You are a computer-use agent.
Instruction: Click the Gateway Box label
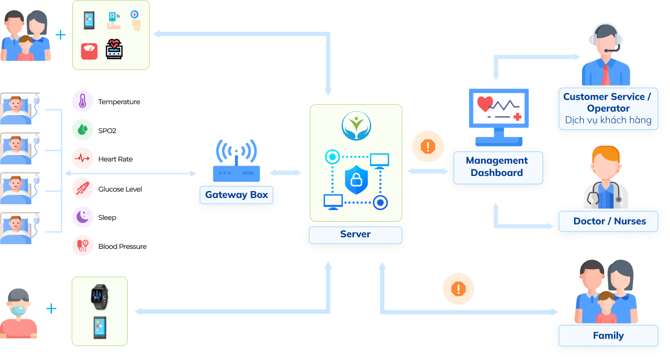coord(236,195)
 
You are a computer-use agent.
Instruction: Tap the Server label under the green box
coord(355,234)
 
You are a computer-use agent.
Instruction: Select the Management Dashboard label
coord(497,167)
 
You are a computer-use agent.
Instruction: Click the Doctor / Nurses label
coord(609,221)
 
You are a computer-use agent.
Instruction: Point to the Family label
coord(608,336)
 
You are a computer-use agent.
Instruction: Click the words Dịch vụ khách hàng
coord(608,121)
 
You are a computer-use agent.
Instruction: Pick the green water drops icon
coord(82,130)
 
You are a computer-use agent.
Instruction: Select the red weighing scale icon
coord(89,50)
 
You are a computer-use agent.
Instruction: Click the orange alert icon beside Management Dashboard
coord(428,146)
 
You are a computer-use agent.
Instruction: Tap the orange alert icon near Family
coord(458,288)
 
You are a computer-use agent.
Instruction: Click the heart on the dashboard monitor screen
coord(485,104)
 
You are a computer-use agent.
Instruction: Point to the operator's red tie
coord(605,75)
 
